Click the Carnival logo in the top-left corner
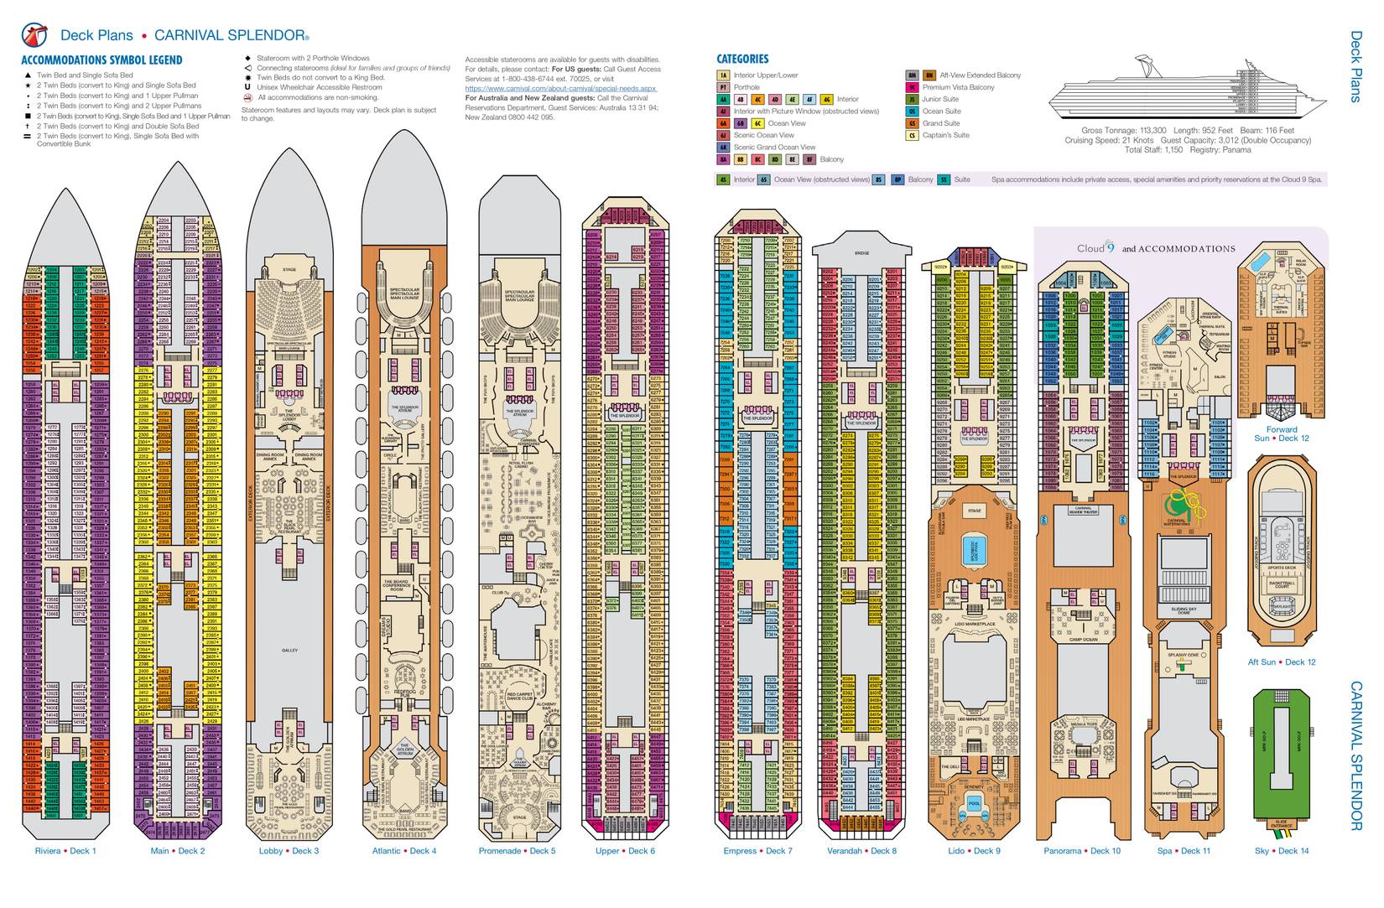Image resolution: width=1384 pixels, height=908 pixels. coord(35,34)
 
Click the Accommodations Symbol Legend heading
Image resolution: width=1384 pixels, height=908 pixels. coord(101,60)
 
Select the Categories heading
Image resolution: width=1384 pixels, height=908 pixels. coord(742,60)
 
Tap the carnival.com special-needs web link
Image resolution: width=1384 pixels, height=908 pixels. coord(560,88)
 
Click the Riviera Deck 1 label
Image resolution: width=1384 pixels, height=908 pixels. coord(66,851)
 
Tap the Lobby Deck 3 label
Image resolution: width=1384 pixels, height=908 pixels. coord(289,851)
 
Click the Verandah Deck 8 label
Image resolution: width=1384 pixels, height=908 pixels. coord(861,851)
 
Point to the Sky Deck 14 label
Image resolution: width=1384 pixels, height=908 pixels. coord(1282,851)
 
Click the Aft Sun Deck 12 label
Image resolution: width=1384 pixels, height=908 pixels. coord(1282,662)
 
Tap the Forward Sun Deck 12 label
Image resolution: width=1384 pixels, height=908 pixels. coord(1282,433)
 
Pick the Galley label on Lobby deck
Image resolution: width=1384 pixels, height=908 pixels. coord(289,651)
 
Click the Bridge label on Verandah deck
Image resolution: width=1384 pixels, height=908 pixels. coord(861,253)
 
